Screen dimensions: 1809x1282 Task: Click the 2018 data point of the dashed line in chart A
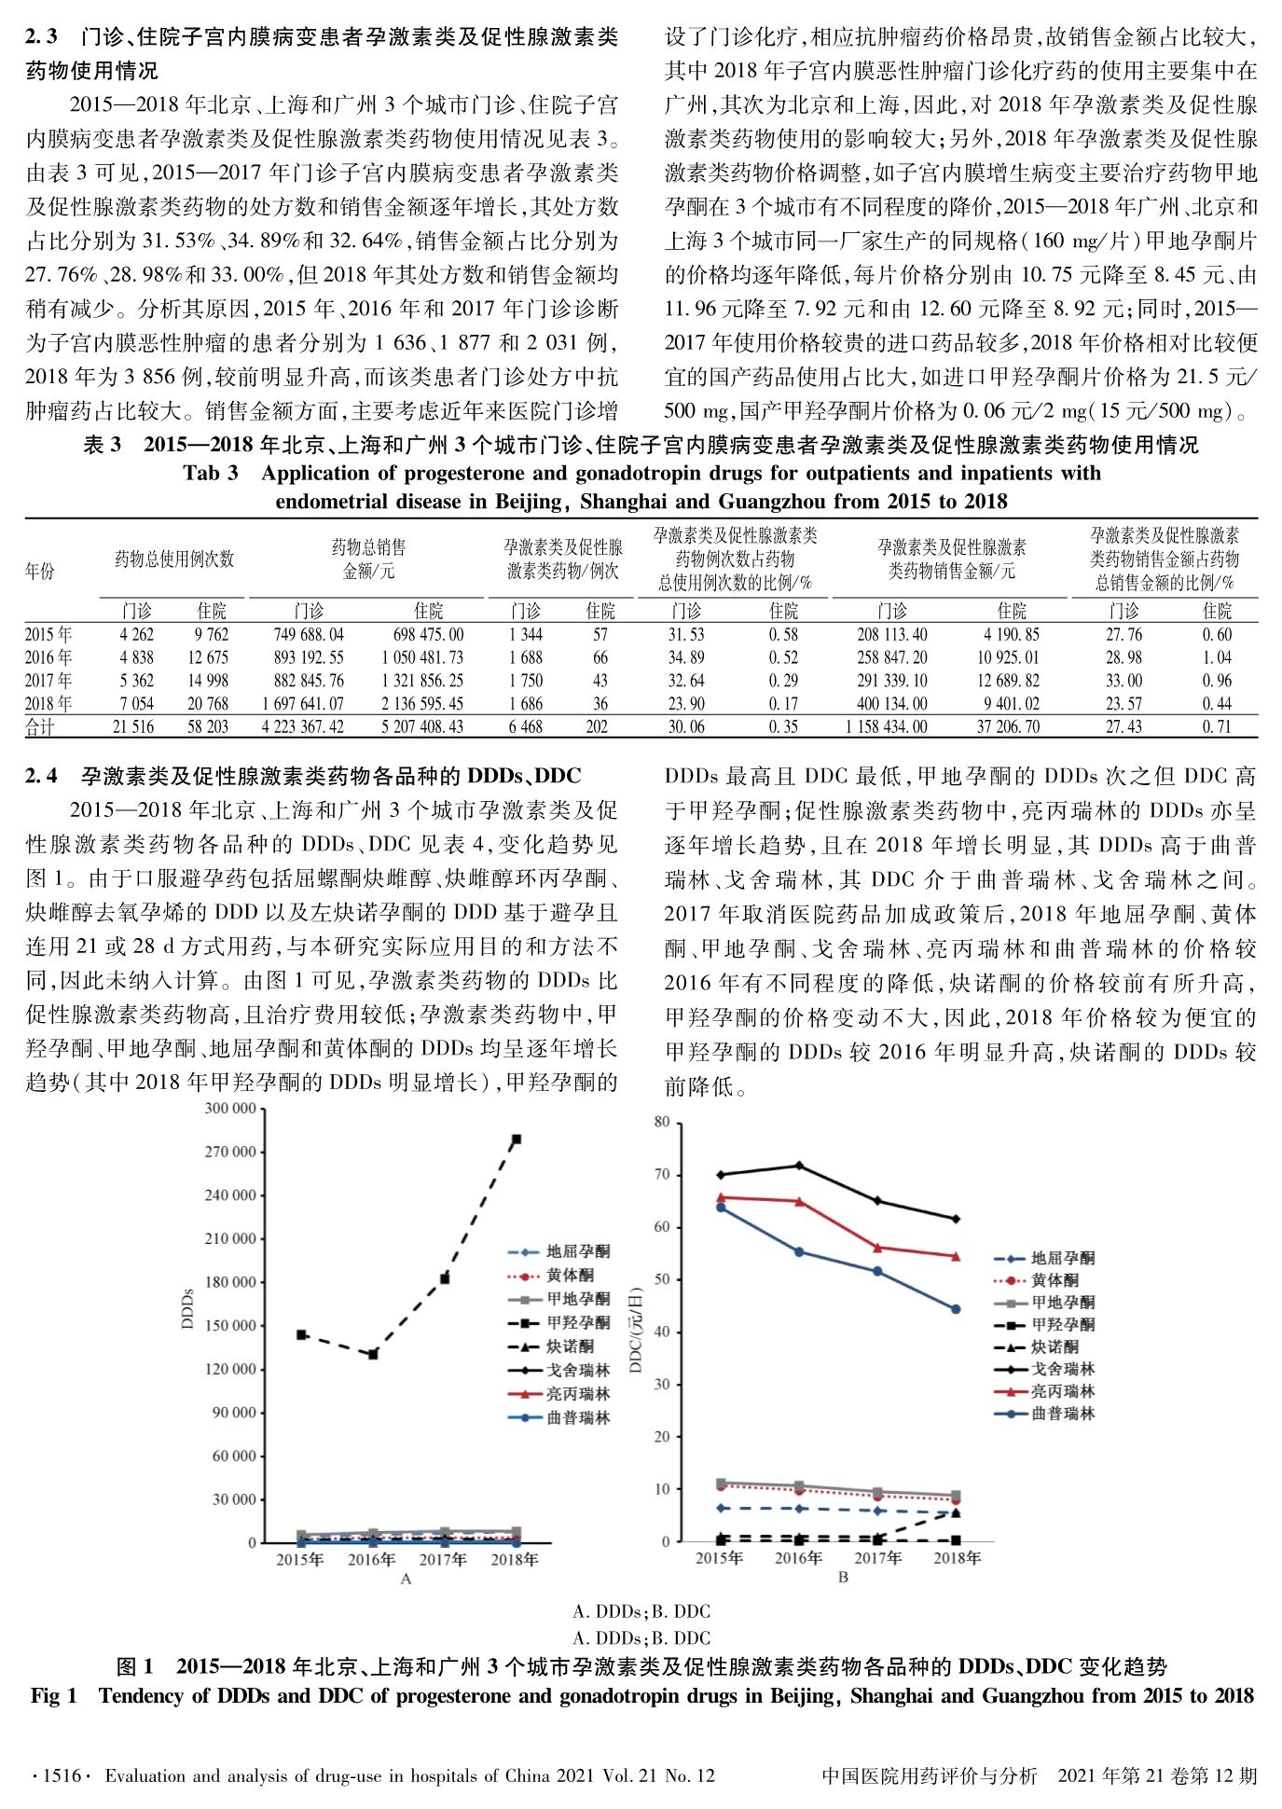pyautogui.click(x=517, y=1139)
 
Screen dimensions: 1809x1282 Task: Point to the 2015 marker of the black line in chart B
pyautogui.click(x=721, y=1174)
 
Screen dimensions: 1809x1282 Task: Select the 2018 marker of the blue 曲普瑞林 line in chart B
pyautogui.click(x=956, y=1309)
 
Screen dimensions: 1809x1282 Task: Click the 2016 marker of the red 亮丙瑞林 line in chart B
pyautogui.click(x=799, y=1202)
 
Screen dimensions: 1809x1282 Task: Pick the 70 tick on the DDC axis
pyautogui.click(x=662, y=1174)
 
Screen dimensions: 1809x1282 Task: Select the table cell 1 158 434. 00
pyautogui.click(x=892, y=726)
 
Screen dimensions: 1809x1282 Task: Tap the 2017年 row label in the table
pyautogui.click(x=48, y=681)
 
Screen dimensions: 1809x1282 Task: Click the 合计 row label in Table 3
pyautogui.click(x=40, y=726)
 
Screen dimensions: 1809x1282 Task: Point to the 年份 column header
pyautogui.click(x=40, y=571)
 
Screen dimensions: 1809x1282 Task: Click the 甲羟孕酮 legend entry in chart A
pyautogui.click(x=578, y=1322)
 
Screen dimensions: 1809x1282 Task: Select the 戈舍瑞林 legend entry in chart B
pyautogui.click(x=1063, y=1369)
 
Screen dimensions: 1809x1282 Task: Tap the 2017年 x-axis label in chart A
pyautogui.click(x=443, y=1559)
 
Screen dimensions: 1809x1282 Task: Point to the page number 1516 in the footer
pyautogui.click(x=60, y=1775)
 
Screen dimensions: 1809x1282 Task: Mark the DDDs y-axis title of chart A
pyautogui.click(x=187, y=1308)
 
